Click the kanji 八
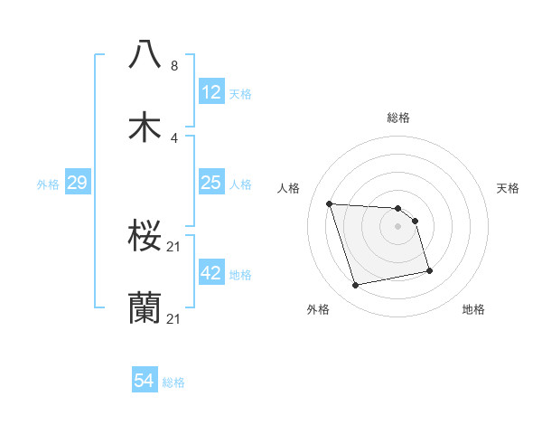(x=145, y=55)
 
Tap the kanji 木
(x=145, y=127)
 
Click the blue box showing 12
(x=210, y=92)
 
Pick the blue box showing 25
(x=210, y=184)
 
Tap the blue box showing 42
(x=210, y=273)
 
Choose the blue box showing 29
(x=77, y=184)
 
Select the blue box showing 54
(x=145, y=381)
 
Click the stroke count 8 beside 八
(x=174, y=66)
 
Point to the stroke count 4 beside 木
(x=174, y=138)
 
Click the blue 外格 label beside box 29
(x=48, y=184)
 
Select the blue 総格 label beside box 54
(x=173, y=382)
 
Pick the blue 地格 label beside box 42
(x=240, y=275)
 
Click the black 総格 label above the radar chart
(x=398, y=118)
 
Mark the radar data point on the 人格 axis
(x=330, y=203)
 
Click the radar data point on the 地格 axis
(x=429, y=270)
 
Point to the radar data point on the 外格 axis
(x=356, y=286)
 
